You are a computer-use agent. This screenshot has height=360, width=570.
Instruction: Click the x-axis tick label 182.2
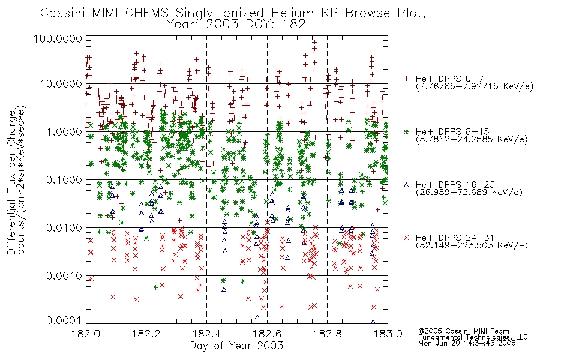point(146,334)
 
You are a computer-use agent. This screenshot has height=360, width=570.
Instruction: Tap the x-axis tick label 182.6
point(267,334)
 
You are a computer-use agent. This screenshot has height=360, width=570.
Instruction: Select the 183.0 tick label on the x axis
point(388,334)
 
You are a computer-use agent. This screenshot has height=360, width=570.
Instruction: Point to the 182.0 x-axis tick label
point(86,334)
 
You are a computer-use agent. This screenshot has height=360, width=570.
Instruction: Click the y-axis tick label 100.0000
point(58,38)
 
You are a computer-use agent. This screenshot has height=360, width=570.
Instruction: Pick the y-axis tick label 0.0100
point(64,228)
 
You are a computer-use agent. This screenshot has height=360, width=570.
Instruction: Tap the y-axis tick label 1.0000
point(64,131)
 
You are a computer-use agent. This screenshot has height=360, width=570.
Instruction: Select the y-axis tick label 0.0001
point(64,320)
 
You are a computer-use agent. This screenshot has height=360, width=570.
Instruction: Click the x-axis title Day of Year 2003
point(236,346)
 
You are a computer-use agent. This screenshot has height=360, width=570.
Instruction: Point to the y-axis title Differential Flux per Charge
point(11,182)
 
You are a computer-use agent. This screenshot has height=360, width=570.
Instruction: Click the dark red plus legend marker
point(406,79)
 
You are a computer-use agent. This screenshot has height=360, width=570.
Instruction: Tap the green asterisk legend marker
point(406,131)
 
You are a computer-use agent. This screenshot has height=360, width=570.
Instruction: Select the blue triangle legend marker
point(406,185)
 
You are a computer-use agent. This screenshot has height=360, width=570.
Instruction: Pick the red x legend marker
point(406,238)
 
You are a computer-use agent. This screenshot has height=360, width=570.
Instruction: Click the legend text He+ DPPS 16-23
point(455,185)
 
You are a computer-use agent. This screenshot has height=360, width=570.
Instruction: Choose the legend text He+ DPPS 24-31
point(455,238)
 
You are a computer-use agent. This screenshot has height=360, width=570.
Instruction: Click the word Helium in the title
point(292,13)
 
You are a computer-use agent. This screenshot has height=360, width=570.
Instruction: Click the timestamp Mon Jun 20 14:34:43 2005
point(467,343)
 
